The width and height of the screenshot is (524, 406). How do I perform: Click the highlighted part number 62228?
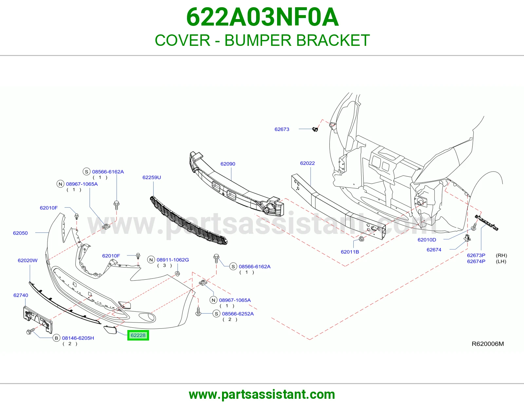coord(138,335)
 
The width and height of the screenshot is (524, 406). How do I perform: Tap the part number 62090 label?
coord(228,164)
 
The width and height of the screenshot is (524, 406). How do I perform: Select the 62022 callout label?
coord(307,163)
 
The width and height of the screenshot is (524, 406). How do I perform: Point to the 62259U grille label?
coord(151,177)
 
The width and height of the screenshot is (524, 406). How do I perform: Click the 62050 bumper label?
coord(20,233)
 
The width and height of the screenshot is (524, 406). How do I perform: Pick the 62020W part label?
coord(28,260)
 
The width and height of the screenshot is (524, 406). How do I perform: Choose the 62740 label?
coord(21,295)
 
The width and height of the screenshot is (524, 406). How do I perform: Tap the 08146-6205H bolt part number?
coord(78,338)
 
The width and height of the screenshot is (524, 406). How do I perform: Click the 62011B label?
coord(350,252)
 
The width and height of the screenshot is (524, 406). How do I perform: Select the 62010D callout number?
coord(427,240)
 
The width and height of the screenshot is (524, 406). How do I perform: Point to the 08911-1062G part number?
coord(173,260)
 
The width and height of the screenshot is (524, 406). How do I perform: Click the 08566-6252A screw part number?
coord(238,314)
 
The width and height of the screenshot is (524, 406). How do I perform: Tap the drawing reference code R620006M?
coord(488,344)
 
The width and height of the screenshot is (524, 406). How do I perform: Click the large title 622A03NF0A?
coord(262,17)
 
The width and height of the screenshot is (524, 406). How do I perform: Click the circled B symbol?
coord(56,338)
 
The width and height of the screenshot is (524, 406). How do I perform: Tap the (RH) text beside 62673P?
coord(501,255)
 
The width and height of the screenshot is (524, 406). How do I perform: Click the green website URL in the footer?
coord(262,395)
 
